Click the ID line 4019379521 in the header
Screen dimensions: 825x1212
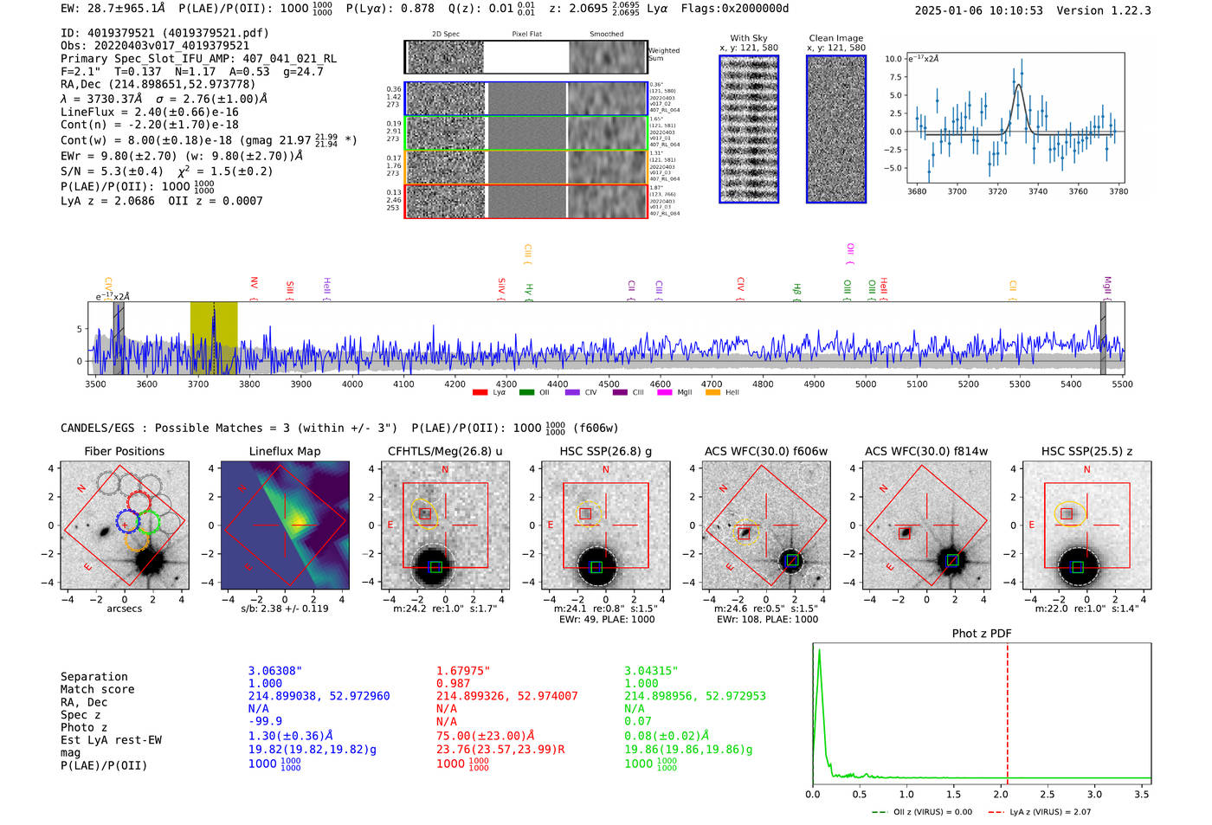[x=164, y=33]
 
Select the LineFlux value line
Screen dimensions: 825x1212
[x=149, y=112]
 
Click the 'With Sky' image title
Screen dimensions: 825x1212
[x=748, y=38]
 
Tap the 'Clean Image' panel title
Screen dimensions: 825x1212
[x=835, y=38]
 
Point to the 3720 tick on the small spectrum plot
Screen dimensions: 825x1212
[x=997, y=191]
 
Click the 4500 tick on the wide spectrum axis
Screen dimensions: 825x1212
[x=609, y=383]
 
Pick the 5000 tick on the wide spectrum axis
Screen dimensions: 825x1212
[x=866, y=383]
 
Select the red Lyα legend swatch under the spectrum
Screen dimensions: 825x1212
[x=480, y=393]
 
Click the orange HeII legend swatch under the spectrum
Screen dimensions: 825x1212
[x=712, y=393]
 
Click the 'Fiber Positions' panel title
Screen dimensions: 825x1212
[x=124, y=451]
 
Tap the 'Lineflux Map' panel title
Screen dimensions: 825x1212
[x=284, y=451]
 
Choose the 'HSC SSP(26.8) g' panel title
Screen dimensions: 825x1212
[x=605, y=451]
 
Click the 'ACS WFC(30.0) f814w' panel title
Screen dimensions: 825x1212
[x=925, y=451]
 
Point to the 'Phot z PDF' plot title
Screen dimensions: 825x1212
[x=981, y=634]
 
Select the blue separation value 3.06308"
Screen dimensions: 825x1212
[x=275, y=671]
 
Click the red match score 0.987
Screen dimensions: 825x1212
[x=454, y=684]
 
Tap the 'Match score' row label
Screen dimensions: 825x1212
[x=97, y=689]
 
